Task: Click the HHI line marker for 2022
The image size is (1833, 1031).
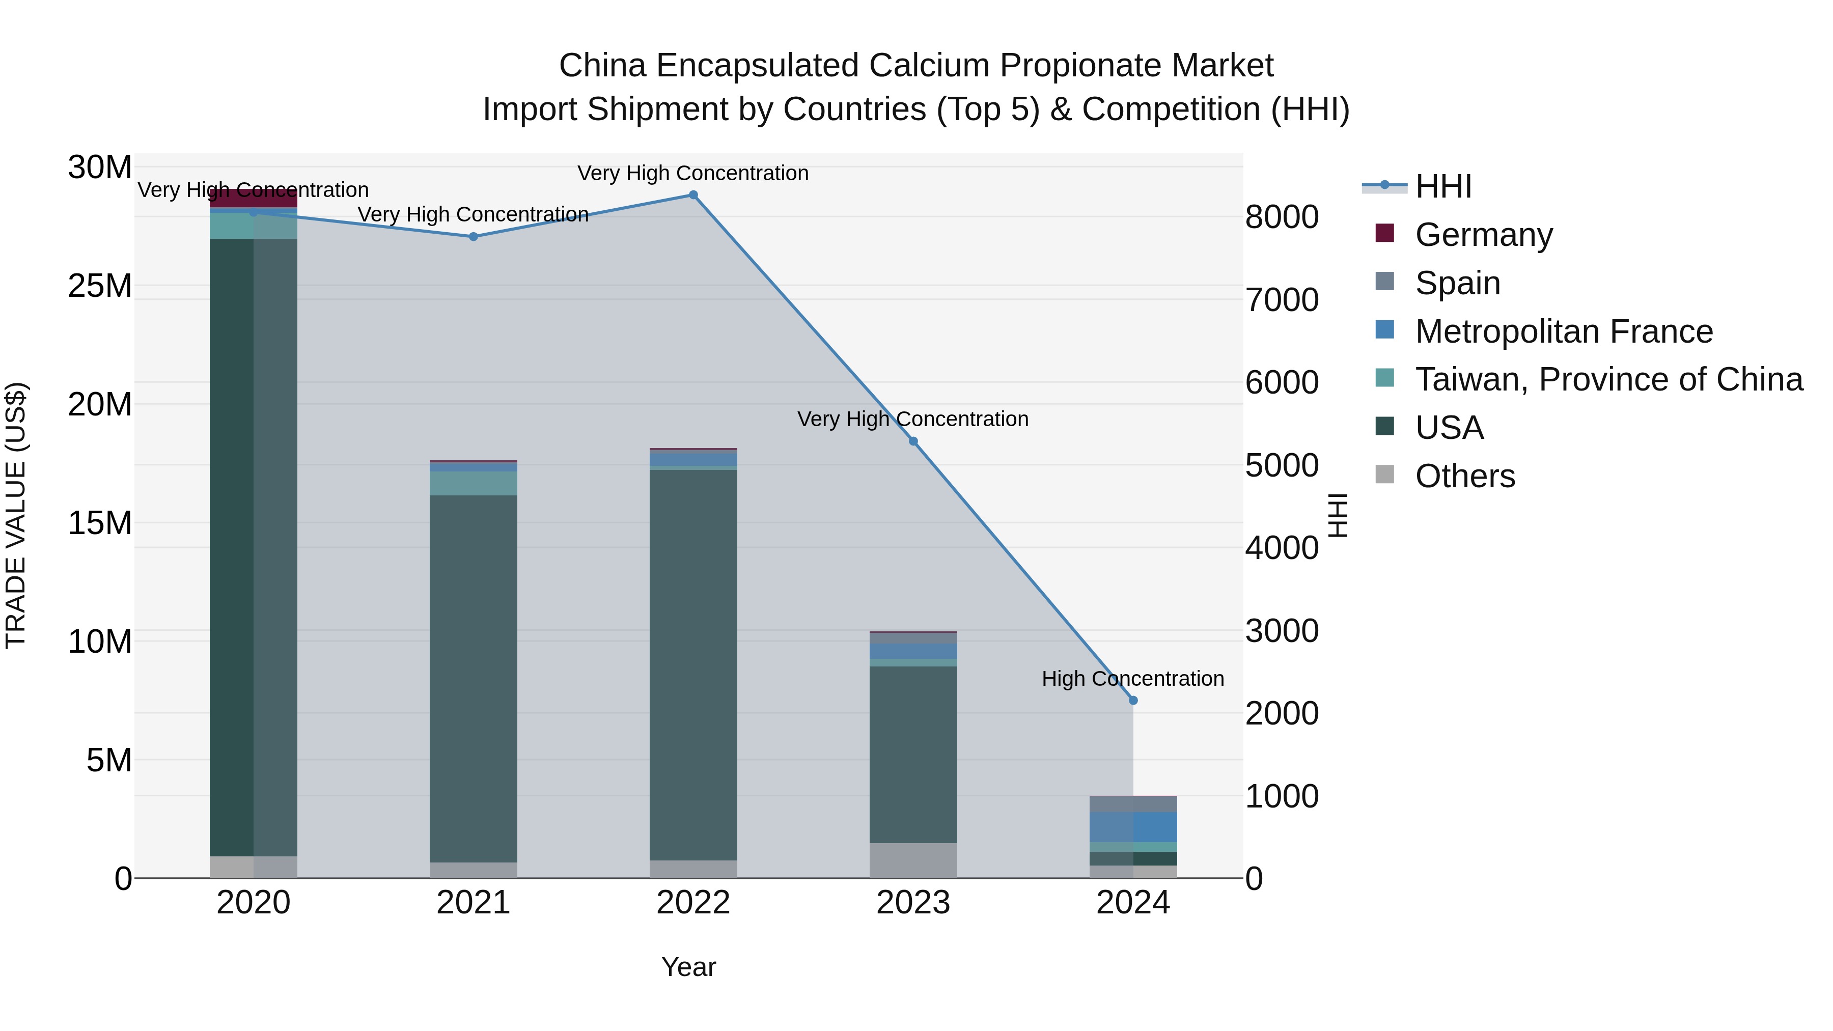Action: (x=693, y=195)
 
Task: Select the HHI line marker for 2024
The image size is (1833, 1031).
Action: (x=1133, y=700)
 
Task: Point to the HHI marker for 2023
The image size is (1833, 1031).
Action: (x=913, y=441)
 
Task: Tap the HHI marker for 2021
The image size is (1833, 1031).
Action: (x=473, y=236)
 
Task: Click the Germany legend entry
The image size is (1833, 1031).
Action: (x=1484, y=235)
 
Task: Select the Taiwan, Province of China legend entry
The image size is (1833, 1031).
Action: (x=1608, y=379)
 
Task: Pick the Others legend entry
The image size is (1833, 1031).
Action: (x=1464, y=476)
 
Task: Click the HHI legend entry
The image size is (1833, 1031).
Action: (x=1443, y=186)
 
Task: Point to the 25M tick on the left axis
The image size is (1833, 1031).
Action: (x=100, y=286)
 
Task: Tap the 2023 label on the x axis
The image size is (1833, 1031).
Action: (x=913, y=903)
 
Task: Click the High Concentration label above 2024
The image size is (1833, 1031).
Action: (x=1133, y=679)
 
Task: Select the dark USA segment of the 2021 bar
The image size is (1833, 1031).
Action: (x=473, y=676)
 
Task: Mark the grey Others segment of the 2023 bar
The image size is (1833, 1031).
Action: (x=913, y=860)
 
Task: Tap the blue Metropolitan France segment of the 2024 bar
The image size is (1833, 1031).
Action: (x=1133, y=827)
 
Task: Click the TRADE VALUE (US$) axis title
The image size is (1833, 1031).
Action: (x=16, y=515)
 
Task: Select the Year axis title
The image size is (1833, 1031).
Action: (x=688, y=967)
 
